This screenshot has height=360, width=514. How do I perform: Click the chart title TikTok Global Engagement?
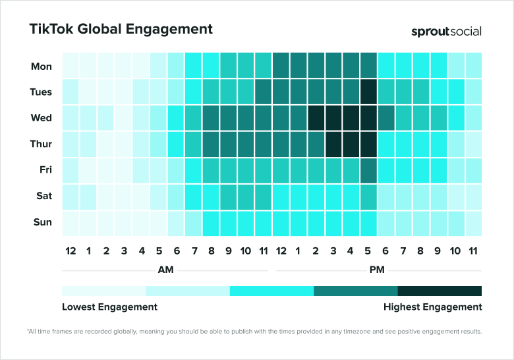(x=121, y=30)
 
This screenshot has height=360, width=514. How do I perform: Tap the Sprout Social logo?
(x=446, y=31)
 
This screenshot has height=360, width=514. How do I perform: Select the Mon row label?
(x=42, y=66)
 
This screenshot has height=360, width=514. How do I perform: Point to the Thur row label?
(x=41, y=144)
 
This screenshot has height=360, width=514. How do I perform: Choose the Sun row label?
(x=42, y=222)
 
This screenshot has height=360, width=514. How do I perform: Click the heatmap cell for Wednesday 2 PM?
(x=316, y=118)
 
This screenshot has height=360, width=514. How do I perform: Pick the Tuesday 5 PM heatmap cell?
(x=368, y=92)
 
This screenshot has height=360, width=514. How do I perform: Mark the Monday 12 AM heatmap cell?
(x=71, y=66)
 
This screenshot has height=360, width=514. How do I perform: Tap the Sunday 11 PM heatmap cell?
(x=473, y=222)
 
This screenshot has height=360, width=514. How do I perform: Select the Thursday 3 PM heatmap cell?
(x=333, y=144)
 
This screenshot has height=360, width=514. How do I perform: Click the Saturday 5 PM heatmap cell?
(x=368, y=196)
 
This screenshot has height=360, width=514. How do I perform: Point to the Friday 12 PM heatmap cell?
(x=281, y=170)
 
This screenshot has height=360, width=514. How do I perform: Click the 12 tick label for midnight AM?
(x=71, y=251)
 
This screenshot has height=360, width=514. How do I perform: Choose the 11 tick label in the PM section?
(x=473, y=251)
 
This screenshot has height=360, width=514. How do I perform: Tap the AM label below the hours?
(x=166, y=270)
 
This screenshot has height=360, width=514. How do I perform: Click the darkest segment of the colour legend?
(x=440, y=291)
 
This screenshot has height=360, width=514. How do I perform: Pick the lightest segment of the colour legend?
(x=103, y=291)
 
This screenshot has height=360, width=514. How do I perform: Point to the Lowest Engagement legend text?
(x=109, y=307)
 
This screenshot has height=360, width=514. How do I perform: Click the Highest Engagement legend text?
(x=432, y=307)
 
